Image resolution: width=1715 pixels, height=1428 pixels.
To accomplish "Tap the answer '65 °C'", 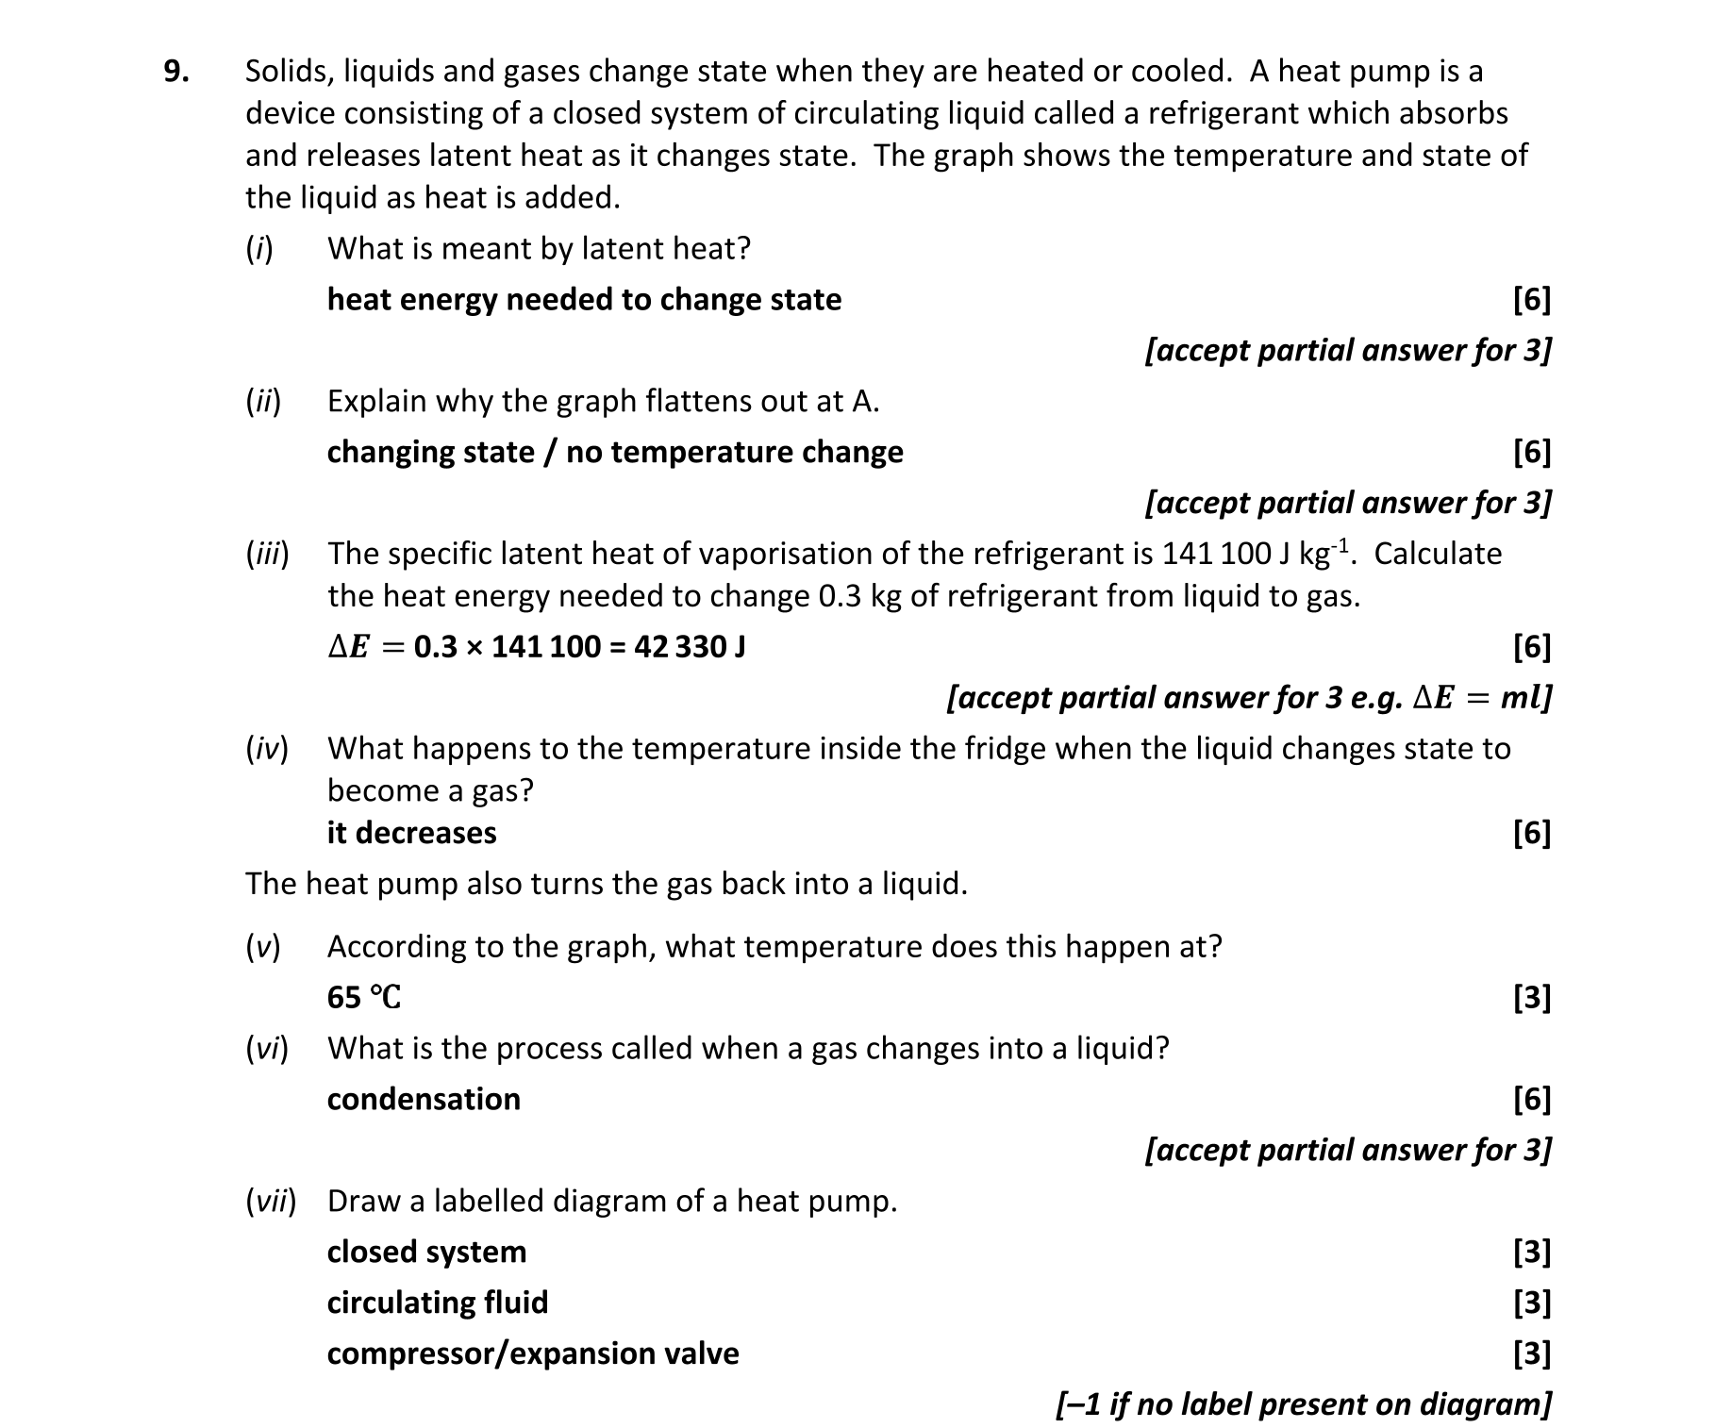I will coord(364,997).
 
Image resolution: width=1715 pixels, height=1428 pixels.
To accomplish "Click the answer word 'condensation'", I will coord(424,1099).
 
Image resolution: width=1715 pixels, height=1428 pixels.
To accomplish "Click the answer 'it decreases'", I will coord(411,833).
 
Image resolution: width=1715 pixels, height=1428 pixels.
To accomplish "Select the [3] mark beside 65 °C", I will coord(1531,997).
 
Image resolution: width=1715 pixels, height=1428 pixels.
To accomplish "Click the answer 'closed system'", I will coord(426,1252).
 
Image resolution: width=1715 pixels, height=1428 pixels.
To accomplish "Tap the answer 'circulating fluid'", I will coord(437,1303).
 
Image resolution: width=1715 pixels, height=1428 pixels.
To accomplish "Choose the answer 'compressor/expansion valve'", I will coord(533,1353).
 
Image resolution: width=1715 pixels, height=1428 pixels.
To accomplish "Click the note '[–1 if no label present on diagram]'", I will coord(1303,1404).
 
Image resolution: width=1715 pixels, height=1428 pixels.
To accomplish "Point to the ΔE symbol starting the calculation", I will coord(347,647).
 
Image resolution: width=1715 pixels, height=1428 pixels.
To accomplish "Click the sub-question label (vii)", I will coord(271,1202).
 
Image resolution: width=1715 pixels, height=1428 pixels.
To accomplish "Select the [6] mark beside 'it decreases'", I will coord(1531,833).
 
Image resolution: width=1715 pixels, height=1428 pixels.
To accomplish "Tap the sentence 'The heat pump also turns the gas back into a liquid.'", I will coord(607,884).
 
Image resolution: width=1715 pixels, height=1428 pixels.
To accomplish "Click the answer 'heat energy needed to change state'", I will coord(584,300).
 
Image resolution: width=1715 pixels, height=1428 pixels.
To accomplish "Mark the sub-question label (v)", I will coord(263,947).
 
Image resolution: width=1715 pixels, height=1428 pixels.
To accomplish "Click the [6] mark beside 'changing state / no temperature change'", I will coord(1531,453).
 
